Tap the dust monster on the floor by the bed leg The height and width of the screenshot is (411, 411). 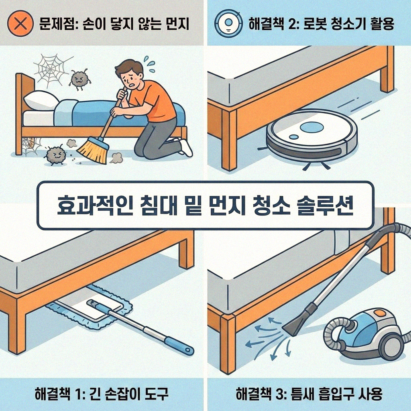tap(55, 155)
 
